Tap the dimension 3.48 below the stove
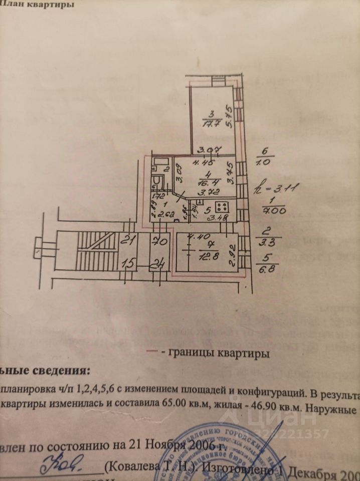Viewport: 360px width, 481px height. (x=217, y=218)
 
